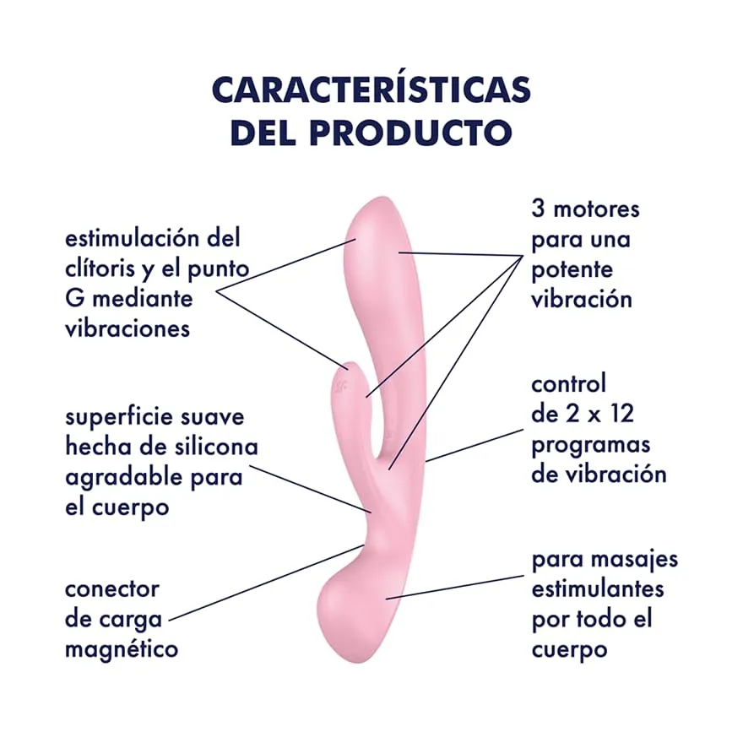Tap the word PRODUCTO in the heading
point(411,133)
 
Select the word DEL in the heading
point(263,133)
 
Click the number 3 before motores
point(538,209)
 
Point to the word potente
point(572,270)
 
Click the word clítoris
point(100,268)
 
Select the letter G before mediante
point(74,299)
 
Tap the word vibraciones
point(127,328)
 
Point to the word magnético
point(122,648)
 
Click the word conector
point(111,589)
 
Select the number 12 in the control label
point(620,414)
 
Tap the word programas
point(590,446)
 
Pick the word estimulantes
point(598,589)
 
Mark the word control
point(568,384)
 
